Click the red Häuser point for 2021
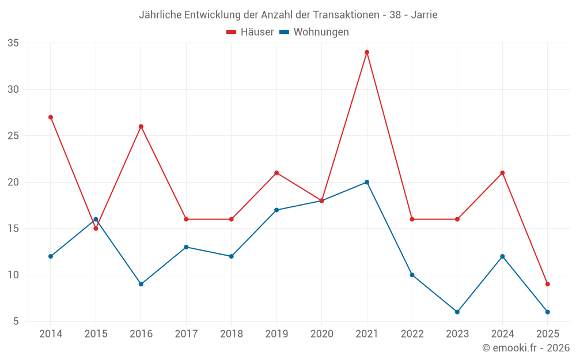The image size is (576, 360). pyautogui.click(x=367, y=52)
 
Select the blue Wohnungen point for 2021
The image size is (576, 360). pyautogui.click(x=367, y=182)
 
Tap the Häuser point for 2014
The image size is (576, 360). pyautogui.click(x=51, y=117)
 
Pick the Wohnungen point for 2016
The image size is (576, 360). pyautogui.click(x=141, y=284)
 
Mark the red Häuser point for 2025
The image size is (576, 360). pyautogui.click(x=548, y=284)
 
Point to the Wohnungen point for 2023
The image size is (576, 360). pyautogui.click(x=457, y=312)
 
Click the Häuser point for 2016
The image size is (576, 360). pyautogui.click(x=141, y=126)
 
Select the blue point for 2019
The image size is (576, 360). pyautogui.click(x=276, y=210)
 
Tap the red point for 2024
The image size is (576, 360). pyautogui.click(x=502, y=173)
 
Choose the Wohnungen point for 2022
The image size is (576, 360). pyautogui.click(x=412, y=275)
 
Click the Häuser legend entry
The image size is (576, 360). pyautogui.click(x=250, y=32)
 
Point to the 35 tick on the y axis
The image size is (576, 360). pyautogui.click(x=13, y=43)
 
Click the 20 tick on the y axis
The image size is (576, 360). pyautogui.click(x=13, y=182)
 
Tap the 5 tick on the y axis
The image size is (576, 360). pyautogui.click(x=16, y=321)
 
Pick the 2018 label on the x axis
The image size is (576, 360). pyautogui.click(x=231, y=334)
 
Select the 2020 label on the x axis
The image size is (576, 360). pyautogui.click(x=321, y=334)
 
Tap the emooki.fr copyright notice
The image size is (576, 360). pyautogui.click(x=526, y=348)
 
